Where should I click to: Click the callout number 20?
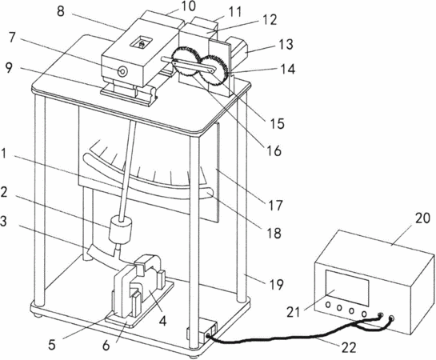pyautogui.click(x=422, y=218)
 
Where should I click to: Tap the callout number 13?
pyautogui.click(x=285, y=45)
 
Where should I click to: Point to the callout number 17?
pyautogui.click(x=275, y=206)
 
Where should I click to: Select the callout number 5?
pyautogui.click(x=52, y=345)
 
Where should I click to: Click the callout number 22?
pyautogui.click(x=349, y=347)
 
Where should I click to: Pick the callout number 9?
pyautogui.click(x=9, y=68)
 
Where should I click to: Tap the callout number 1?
pyautogui.click(x=3, y=154)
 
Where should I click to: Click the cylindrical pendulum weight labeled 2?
pyautogui.click(x=121, y=230)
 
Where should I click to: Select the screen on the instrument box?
pyautogui.click(x=347, y=286)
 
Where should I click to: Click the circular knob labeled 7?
pyautogui.click(x=122, y=72)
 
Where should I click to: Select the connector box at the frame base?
pyautogui.click(x=202, y=334)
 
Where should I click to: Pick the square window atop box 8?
pyautogui.click(x=142, y=43)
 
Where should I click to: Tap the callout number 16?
pyautogui.click(x=274, y=151)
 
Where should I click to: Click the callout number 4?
pyautogui.click(x=162, y=321)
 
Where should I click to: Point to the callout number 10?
pyautogui.click(x=189, y=6)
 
